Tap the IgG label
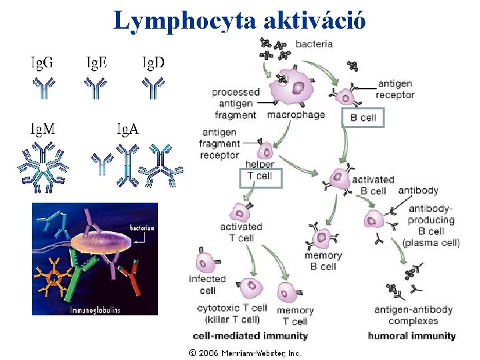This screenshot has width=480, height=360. (x=43, y=63)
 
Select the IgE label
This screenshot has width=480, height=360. (x=97, y=63)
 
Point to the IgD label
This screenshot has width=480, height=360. (x=153, y=63)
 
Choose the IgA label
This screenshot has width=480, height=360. (x=128, y=129)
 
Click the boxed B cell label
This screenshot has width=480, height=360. (x=363, y=117)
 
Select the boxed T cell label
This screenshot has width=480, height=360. (x=260, y=177)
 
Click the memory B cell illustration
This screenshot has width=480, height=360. (x=323, y=237)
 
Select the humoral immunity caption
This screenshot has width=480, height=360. (x=411, y=336)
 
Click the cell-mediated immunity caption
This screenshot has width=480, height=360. (x=250, y=336)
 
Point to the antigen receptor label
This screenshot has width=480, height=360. (x=395, y=89)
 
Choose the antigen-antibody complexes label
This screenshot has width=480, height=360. (x=413, y=315)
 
